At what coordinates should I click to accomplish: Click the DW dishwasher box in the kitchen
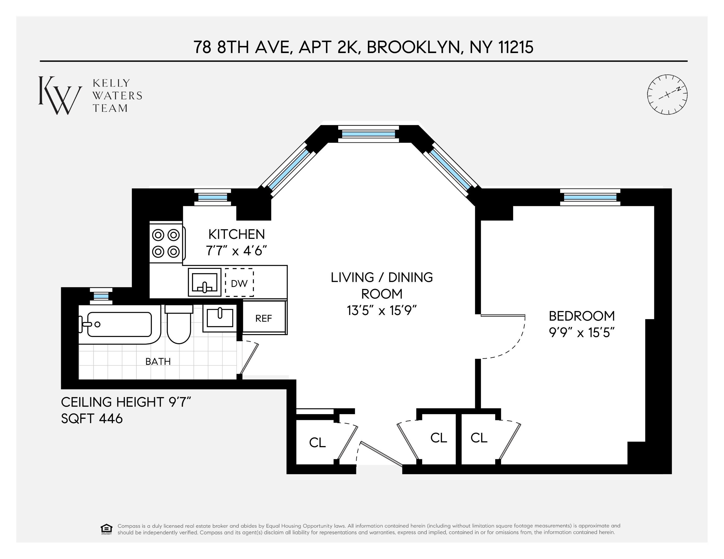[x=239, y=283]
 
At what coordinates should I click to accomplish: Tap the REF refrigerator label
[x=264, y=318]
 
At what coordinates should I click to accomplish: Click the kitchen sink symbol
[x=204, y=282]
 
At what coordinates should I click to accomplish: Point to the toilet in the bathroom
[x=179, y=326]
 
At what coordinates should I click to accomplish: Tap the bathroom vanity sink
[x=220, y=318]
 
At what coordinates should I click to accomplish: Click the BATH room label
[x=158, y=361]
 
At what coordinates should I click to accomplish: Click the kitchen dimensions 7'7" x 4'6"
[x=236, y=251]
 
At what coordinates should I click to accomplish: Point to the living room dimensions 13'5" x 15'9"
[x=381, y=311]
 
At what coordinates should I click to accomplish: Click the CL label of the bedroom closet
[x=479, y=438]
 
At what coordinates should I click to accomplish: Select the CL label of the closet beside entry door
[x=317, y=443]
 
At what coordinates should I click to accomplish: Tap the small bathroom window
[x=101, y=296]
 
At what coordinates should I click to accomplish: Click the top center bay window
[x=368, y=134]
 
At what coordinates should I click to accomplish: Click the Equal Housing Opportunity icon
[x=106, y=529]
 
